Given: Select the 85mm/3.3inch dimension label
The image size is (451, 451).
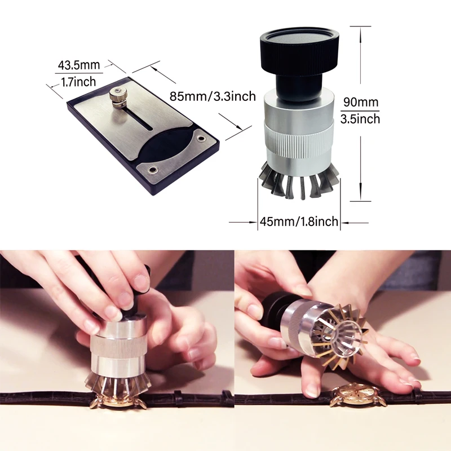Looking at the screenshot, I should [213, 96].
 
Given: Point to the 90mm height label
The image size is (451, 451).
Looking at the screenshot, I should [361, 103].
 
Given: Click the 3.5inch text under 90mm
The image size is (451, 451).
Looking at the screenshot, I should [361, 119].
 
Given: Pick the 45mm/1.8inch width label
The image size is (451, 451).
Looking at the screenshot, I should [298, 222].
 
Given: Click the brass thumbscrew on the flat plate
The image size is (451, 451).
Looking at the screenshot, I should [118, 96].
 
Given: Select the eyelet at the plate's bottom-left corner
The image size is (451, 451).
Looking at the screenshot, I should [153, 169].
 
